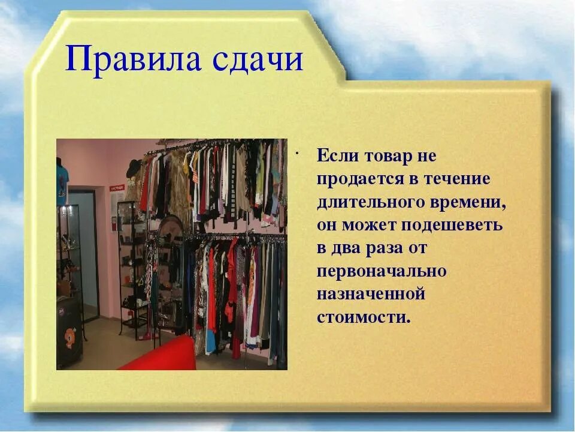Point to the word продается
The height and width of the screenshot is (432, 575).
[x=359, y=179]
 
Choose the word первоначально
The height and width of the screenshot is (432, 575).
[x=382, y=271]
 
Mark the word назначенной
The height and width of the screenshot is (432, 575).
[x=371, y=294]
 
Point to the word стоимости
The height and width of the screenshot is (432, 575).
[x=364, y=317]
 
